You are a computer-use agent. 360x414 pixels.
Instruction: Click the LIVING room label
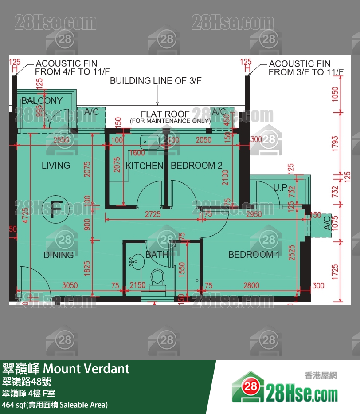(56, 166)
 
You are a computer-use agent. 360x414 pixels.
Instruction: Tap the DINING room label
(59, 255)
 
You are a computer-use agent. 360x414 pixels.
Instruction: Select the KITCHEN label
(145, 166)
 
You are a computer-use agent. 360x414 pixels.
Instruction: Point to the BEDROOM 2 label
(196, 166)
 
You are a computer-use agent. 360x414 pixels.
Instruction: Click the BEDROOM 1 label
(254, 255)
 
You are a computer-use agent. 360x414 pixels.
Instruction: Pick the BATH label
(157, 255)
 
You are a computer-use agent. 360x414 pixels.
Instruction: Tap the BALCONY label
(42, 101)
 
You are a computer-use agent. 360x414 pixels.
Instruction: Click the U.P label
(280, 187)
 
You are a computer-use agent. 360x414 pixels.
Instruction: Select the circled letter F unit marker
(56, 209)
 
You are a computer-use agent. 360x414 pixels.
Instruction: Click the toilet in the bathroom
(157, 278)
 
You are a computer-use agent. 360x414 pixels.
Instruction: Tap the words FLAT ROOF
(165, 114)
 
